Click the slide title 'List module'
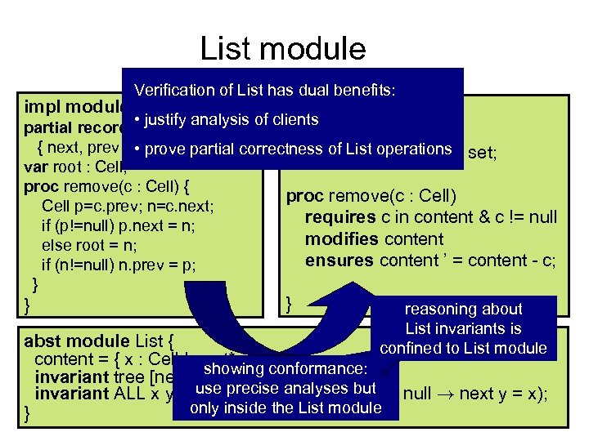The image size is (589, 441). pyautogui.click(x=283, y=49)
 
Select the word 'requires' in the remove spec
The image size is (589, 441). pyautogui.click(x=337, y=217)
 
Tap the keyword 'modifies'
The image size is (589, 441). pyautogui.click(x=338, y=239)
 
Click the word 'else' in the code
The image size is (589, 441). pyautogui.click(x=56, y=245)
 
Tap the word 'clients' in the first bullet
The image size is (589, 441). pyautogui.click(x=290, y=120)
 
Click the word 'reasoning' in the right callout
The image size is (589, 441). pyautogui.click(x=439, y=309)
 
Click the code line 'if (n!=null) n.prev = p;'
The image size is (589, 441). pyautogui.click(x=119, y=265)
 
